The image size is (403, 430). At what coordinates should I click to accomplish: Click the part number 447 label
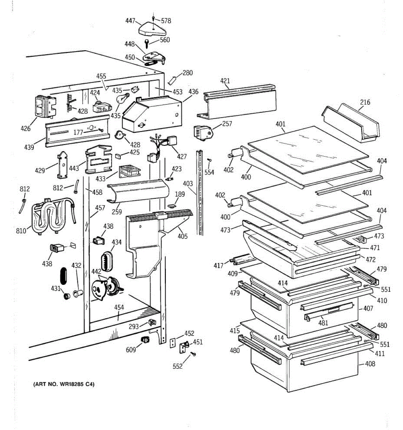130,20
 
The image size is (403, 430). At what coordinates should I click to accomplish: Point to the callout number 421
225,81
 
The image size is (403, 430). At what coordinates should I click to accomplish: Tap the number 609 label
131,350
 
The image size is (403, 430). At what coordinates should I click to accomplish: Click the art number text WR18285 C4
63,384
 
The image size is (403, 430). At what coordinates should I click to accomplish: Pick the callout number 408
370,364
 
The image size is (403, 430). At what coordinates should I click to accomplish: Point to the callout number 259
116,212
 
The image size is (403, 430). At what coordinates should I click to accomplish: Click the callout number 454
119,307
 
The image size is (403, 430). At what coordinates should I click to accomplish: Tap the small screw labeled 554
210,160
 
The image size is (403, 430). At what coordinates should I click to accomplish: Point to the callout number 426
25,128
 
